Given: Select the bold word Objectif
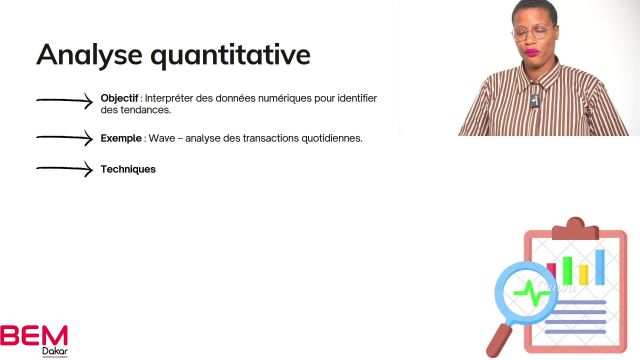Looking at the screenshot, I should click(119, 98).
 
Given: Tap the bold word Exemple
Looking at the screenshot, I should click(121, 138).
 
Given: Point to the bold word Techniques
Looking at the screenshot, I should click(128, 170).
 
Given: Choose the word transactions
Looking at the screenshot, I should click(265, 138).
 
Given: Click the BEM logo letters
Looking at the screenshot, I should click(34, 334).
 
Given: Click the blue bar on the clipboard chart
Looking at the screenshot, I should click(600, 267).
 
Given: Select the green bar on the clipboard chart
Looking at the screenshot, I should click(567, 271).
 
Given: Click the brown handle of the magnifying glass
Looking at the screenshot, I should click(499, 337).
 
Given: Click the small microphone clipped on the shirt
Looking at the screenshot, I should click(536, 102).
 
